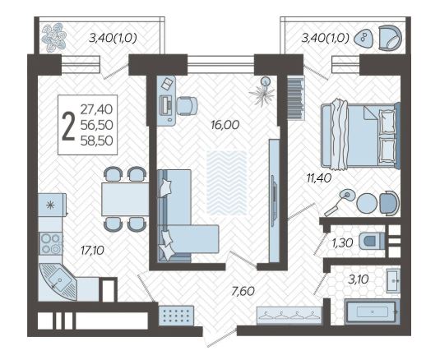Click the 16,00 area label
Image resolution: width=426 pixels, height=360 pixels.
(x=225, y=125)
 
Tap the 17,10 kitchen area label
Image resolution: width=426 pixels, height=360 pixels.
(x=92, y=250)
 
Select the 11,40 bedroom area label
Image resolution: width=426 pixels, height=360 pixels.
(x=319, y=178)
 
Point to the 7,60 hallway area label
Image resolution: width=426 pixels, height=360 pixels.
(x=243, y=291)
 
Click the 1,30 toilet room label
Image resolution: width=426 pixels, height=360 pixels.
(x=342, y=243)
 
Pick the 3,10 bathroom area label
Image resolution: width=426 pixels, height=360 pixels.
(x=359, y=279)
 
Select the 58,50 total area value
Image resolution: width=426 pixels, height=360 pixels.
(x=96, y=141)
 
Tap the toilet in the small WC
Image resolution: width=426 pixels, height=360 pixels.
(x=372, y=241)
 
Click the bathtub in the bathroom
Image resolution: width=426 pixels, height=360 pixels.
(x=372, y=312)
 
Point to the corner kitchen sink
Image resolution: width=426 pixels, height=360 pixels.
(x=58, y=282)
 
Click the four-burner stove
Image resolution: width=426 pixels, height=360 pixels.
(x=51, y=244)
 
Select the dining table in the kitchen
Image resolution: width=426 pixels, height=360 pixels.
(x=125, y=199)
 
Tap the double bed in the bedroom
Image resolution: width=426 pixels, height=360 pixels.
(x=360, y=136)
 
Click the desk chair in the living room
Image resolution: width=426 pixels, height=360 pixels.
(x=187, y=106)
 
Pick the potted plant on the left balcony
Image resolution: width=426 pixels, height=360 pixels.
(x=54, y=38)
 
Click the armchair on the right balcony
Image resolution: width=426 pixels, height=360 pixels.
(x=391, y=38)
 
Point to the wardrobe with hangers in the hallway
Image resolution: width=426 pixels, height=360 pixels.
(x=289, y=316)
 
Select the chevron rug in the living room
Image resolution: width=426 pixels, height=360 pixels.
(x=227, y=182)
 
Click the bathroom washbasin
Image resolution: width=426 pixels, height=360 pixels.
(x=393, y=280)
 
